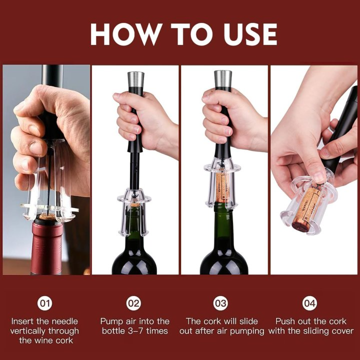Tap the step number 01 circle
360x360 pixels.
[x=45, y=303]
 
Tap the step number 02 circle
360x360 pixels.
[x=134, y=303]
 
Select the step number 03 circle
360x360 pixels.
[x=221, y=303]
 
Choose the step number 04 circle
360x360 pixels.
[x=310, y=303]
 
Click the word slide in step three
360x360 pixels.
[x=248, y=321]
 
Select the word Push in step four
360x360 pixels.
[x=286, y=321]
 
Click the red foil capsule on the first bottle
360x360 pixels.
[x=46, y=247]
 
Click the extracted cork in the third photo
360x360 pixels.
[x=222, y=186]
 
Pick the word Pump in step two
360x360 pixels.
[x=111, y=321]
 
